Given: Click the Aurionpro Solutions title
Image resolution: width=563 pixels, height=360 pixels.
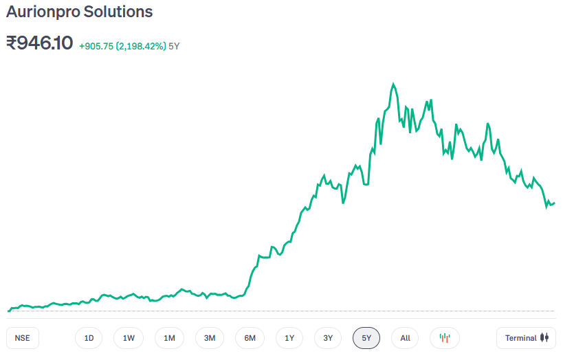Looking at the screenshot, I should (x=80, y=12).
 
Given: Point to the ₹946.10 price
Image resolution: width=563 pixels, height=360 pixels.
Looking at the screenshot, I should (x=39, y=43).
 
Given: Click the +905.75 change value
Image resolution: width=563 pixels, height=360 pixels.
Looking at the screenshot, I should (x=96, y=46).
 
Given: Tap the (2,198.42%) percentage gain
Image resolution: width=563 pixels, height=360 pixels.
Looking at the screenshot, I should (x=141, y=46).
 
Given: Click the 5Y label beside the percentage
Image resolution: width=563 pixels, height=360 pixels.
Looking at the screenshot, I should (x=174, y=46).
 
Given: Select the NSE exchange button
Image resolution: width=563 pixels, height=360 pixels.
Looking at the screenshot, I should (x=22, y=338).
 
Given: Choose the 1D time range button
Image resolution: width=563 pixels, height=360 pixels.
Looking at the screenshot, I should (x=89, y=338).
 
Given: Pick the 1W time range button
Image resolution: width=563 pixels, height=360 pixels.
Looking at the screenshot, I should (x=129, y=338).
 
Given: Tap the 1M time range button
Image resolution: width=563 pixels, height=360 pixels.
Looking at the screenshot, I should (x=169, y=338).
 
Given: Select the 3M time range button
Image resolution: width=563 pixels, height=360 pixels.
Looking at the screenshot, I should (x=210, y=338).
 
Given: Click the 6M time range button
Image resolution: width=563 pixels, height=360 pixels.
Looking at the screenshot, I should (x=250, y=338).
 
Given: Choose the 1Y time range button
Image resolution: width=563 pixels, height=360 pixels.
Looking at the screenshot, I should (x=289, y=338).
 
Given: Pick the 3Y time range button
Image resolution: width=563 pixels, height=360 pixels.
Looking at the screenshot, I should (x=328, y=338).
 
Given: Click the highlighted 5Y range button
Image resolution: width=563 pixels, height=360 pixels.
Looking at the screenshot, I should (x=366, y=338).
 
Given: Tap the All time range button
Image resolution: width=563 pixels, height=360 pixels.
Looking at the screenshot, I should (x=405, y=338).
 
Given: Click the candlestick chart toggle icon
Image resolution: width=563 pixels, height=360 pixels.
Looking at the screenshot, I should (x=445, y=338).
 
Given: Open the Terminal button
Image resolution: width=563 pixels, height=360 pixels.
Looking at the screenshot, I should (x=526, y=338).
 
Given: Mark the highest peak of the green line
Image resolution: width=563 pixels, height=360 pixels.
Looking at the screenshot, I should (x=393, y=85).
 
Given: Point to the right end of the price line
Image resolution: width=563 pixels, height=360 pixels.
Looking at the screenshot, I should (x=554, y=203).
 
